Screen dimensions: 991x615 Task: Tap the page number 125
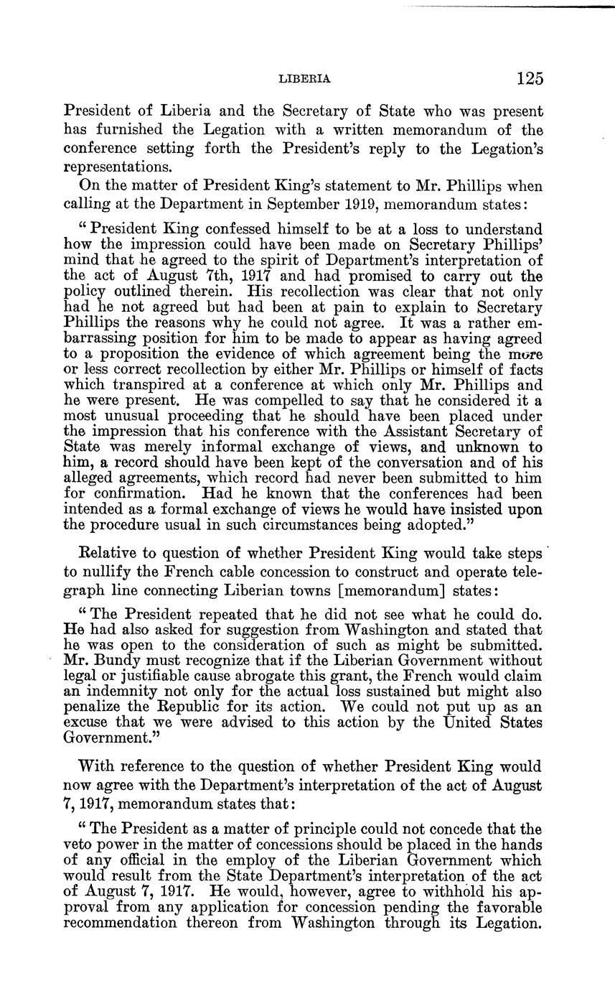pos(527,78)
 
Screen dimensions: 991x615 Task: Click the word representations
pos(118,166)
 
